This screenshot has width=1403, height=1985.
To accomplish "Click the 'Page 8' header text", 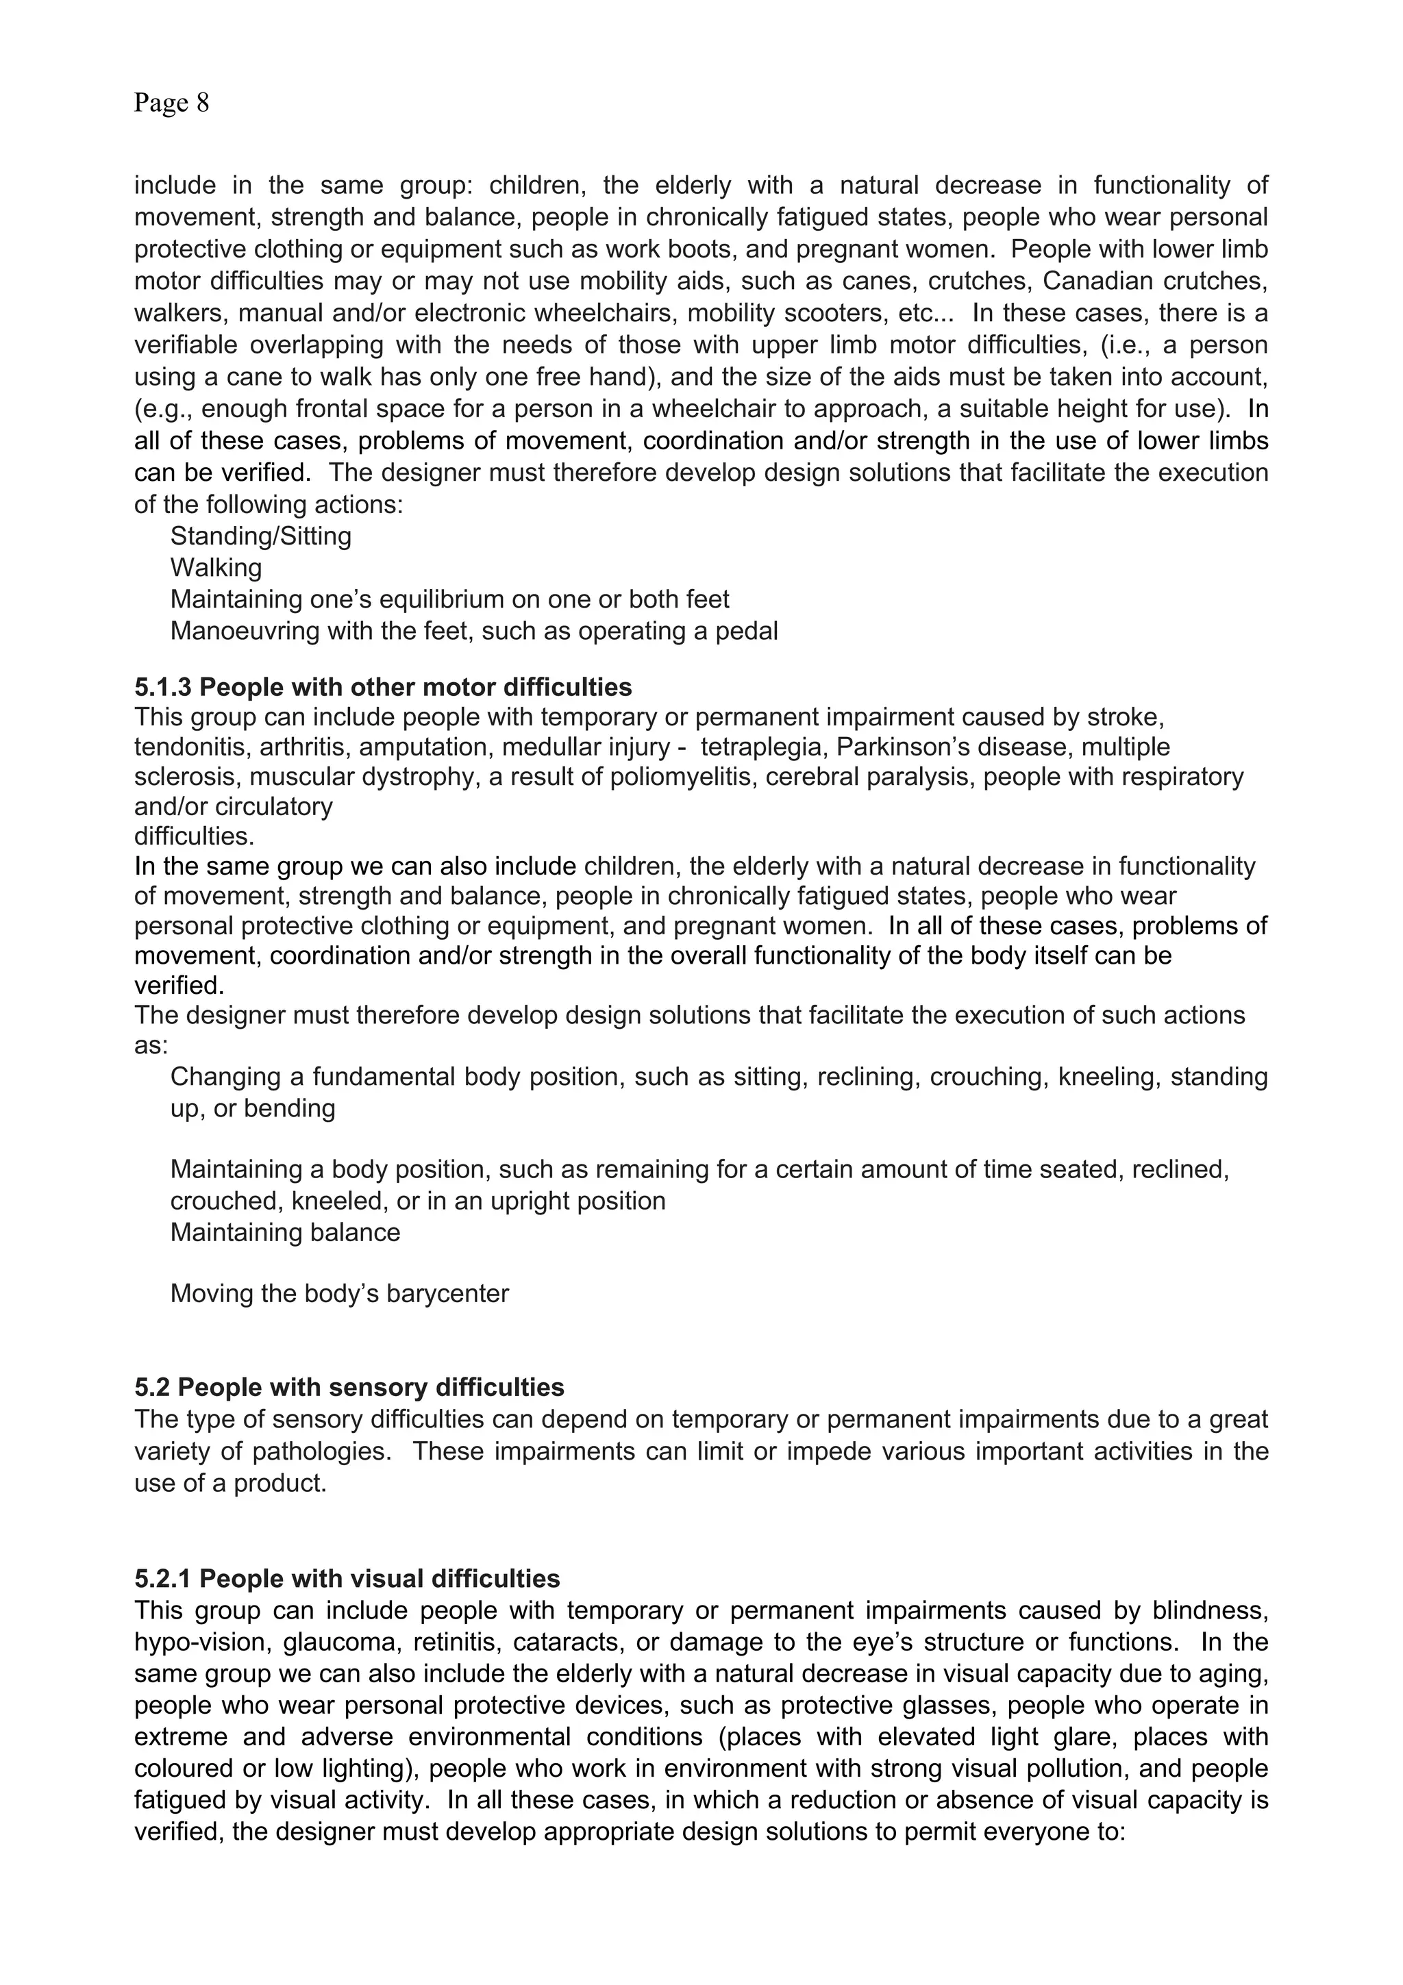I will point(171,103).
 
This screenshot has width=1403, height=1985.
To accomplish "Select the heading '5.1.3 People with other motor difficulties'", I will point(383,687).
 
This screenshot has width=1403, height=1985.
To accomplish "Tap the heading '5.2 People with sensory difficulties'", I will point(349,1388).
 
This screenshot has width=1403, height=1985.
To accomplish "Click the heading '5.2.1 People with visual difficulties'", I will point(347,1579).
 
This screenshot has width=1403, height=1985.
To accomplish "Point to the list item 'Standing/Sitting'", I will point(260,536).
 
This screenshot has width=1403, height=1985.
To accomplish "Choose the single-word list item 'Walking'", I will point(216,568).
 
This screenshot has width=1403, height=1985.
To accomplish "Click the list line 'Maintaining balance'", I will point(285,1232).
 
